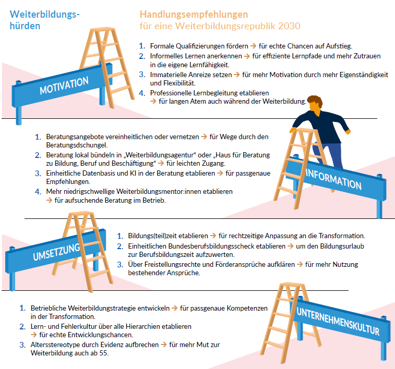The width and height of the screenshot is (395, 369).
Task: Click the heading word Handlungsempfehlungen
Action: [x=194, y=14]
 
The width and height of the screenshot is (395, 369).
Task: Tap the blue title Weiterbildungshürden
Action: [x=44, y=20]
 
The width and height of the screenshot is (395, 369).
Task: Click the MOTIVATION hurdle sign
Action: [x=64, y=86]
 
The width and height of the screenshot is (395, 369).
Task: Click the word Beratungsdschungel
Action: [x=77, y=145]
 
